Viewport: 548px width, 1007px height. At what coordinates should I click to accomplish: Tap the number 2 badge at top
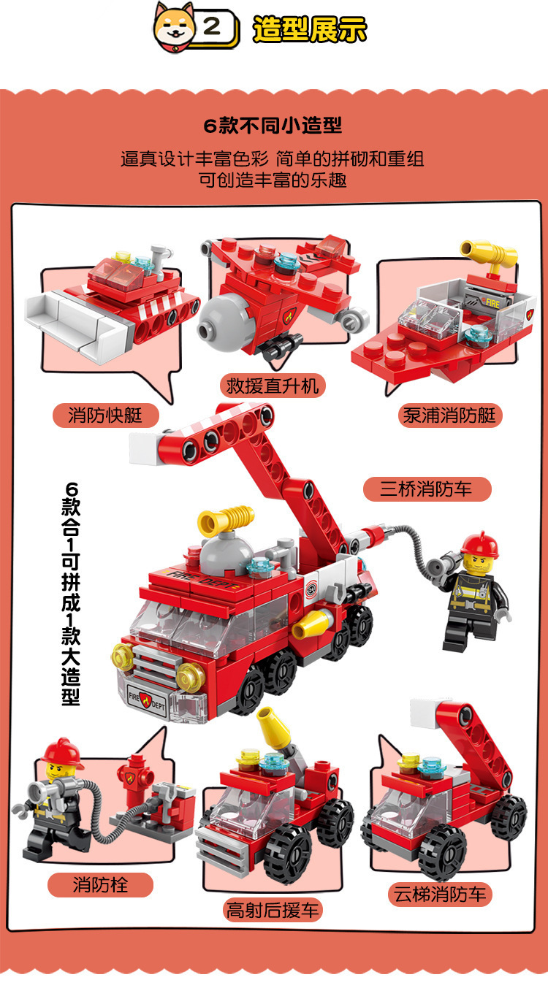click(x=213, y=28)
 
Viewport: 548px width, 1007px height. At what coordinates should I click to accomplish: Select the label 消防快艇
click(x=106, y=415)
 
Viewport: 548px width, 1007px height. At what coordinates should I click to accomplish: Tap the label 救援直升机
click(x=273, y=386)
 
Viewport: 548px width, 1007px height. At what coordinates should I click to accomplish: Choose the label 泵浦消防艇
click(x=449, y=415)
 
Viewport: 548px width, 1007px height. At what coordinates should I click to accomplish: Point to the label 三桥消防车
click(x=427, y=489)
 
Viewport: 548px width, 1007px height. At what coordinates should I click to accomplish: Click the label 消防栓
click(x=100, y=885)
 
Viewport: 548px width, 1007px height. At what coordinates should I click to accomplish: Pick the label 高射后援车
click(x=273, y=911)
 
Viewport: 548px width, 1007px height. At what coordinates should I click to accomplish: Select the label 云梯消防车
click(x=441, y=894)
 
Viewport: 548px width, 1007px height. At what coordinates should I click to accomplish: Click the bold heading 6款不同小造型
click(x=273, y=126)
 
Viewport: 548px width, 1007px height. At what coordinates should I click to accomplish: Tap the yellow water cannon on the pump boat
click(x=489, y=253)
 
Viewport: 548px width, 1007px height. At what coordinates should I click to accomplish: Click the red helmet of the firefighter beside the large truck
click(x=480, y=545)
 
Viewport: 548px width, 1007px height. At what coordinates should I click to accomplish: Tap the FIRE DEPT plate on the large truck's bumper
click(x=147, y=699)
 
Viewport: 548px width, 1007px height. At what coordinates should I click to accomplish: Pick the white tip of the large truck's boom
click(x=144, y=448)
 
